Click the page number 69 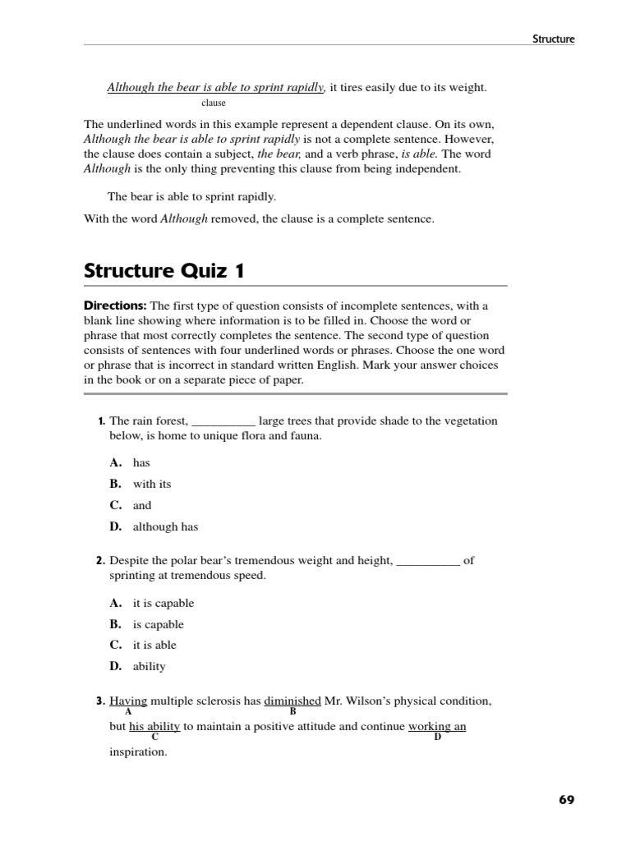point(566,800)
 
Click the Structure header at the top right point(553,38)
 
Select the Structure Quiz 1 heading point(164,270)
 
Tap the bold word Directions point(115,306)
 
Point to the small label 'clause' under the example point(213,103)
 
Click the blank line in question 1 point(223,421)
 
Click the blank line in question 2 point(428,561)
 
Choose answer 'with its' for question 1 point(152,484)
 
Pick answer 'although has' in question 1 point(165,526)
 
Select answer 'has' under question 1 point(141,462)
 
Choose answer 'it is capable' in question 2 point(164,603)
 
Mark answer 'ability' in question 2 point(149,666)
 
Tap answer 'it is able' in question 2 point(154,645)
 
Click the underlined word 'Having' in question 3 point(128,701)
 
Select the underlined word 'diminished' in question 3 point(292,701)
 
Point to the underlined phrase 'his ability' point(154,727)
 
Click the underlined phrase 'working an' point(437,727)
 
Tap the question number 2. point(100,561)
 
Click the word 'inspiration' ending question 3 point(138,751)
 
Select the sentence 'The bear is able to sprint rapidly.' point(192,196)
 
